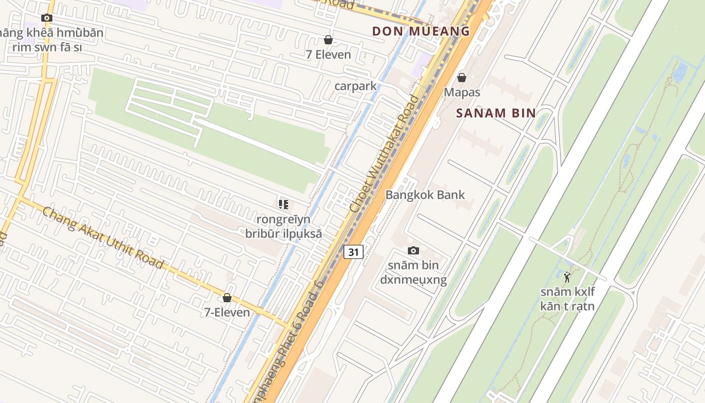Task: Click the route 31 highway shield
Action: pyautogui.click(x=354, y=251)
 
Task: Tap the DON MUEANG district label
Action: pyautogui.click(x=421, y=31)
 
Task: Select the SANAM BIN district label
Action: pyautogui.click(x=496, y=113)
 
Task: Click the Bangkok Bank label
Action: pyautogui.click(x=425, y=195)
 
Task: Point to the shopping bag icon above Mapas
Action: pyautogui.click(x=461, y=78)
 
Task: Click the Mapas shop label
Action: pyautogui.click(x=462, y=93)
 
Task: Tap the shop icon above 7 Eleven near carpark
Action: pyautogui.click(x=328, y=39)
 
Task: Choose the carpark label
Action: pyautogui.click(x=356, y=86)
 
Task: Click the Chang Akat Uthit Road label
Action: pyautogui.click(x=103, y=237)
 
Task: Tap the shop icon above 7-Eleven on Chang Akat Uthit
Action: pyautogui.click(x=227, y=298)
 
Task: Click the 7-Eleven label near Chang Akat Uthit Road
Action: pyautogui.click(x=227, y=312)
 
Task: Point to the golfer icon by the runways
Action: pyautogui.click(x=568, y=277)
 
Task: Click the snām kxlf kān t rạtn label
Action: pyautogui.click(x=568, y=299)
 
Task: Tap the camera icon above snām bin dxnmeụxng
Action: pyautogui.click(x=413, y=250)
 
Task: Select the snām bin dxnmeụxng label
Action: pyautogui.click(x=413, y=273)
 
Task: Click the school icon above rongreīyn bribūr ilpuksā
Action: pyautogui.click(x=284, y=204)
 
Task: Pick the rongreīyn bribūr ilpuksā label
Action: pyautogui.click(x=284, y=227)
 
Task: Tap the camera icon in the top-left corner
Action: pyautogui.click(x=47, y=18)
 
